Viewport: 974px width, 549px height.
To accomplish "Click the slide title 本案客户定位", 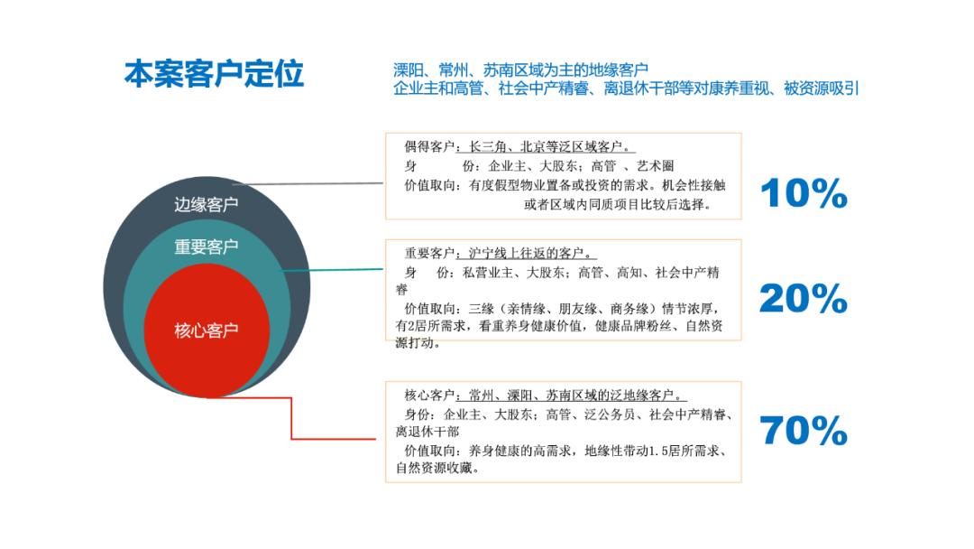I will click(214, 74).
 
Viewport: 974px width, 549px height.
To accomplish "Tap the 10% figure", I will click(804, 193).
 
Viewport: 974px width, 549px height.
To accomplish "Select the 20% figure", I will click(804, 299).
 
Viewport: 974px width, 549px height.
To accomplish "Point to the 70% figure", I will click(804, 432).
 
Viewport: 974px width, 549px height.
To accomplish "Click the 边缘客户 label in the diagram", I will click(206, 205).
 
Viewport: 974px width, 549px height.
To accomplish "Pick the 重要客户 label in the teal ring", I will click(206, 247).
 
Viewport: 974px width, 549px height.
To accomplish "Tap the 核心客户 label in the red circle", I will click(206, 330).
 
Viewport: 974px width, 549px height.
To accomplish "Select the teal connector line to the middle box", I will click(334, 269).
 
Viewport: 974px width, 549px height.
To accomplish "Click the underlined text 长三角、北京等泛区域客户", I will click(547, 147).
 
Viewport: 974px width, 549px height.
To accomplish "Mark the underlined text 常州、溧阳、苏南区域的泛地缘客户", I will click(572, 395).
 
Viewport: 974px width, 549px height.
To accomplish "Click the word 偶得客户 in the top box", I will click(429, 147).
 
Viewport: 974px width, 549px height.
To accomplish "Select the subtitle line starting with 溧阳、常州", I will click(520, 70).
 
